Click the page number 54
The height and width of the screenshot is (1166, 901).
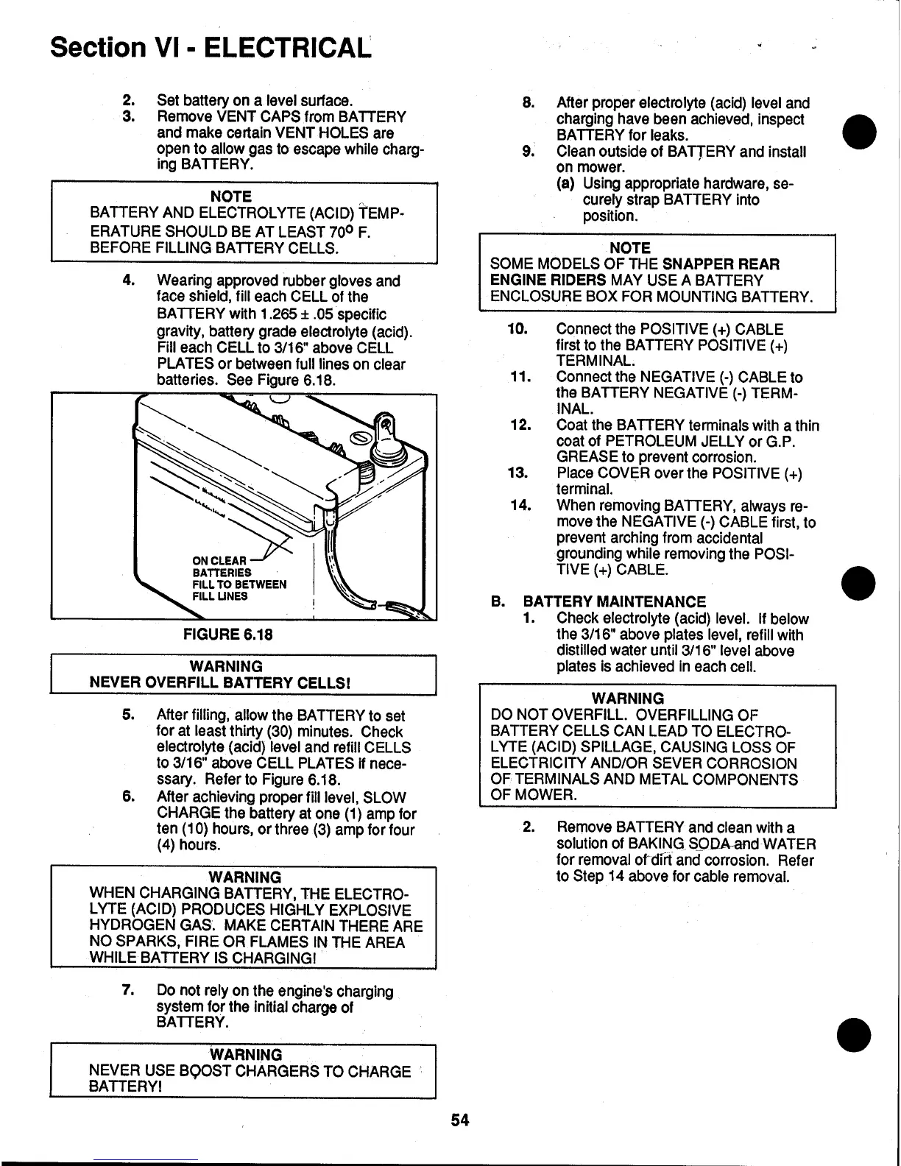coord(460,1120)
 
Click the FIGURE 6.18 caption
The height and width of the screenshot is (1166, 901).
coord(227,634)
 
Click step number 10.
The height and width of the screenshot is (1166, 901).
coord(518,329)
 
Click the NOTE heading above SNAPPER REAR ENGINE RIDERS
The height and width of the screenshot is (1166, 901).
coord(631,248)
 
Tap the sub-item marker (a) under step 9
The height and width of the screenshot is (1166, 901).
coord(566,183)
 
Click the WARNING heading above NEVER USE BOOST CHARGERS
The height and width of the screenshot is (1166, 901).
coord(246,1055)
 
